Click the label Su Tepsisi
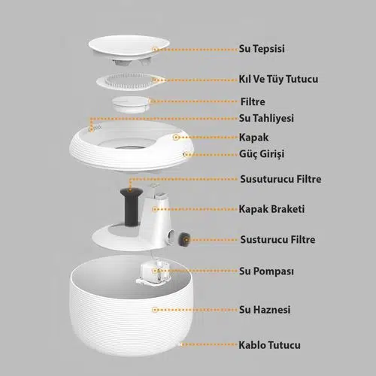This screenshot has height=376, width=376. point(262,49)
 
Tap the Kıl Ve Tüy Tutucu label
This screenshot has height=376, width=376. point(278,79)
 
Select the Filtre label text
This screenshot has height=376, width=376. point(253,102)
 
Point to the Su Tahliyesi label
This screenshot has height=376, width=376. point(266,118)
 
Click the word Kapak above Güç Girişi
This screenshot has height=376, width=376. point(253,138)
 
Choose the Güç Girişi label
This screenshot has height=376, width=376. point(262,154)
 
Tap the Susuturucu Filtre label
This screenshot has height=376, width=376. point(280,179)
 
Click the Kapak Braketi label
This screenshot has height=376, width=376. point(271,209)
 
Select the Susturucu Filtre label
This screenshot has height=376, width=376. point(277,239)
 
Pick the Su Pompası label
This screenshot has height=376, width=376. point(266,271)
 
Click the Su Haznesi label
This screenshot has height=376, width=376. point(265,310)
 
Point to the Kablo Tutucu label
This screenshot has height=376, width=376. point(269,345)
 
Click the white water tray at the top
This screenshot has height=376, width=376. point(129,47)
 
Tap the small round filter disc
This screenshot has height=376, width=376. point(130,104)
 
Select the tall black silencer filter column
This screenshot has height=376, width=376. point(132,207)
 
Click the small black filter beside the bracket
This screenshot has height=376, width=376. point(184,240)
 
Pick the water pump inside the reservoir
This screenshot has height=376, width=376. point(154,273)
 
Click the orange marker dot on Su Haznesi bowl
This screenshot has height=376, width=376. point(155,310)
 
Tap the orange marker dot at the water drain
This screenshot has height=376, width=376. point(92,129)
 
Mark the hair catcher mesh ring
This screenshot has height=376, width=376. point(130,81)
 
